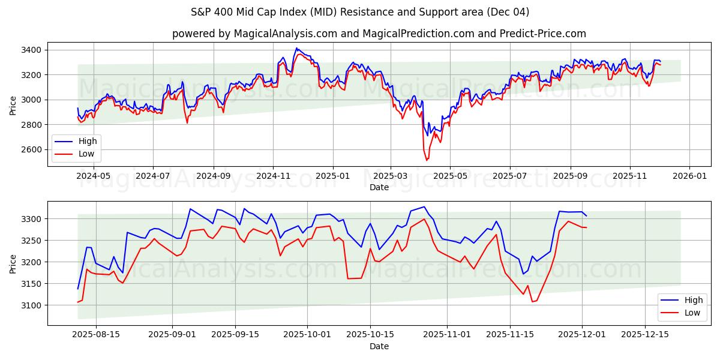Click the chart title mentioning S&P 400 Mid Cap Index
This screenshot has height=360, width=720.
click(360, 12)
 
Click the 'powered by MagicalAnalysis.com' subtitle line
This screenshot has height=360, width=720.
click(379, 34)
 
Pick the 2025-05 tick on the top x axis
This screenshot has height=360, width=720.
click(450, 176)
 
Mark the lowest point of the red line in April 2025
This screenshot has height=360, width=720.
click(427, 160)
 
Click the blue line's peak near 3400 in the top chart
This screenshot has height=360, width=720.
click(296, 48)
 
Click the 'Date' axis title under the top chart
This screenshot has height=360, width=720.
click(379, 187)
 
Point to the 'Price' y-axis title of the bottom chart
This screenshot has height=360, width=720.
click(13, 263)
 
